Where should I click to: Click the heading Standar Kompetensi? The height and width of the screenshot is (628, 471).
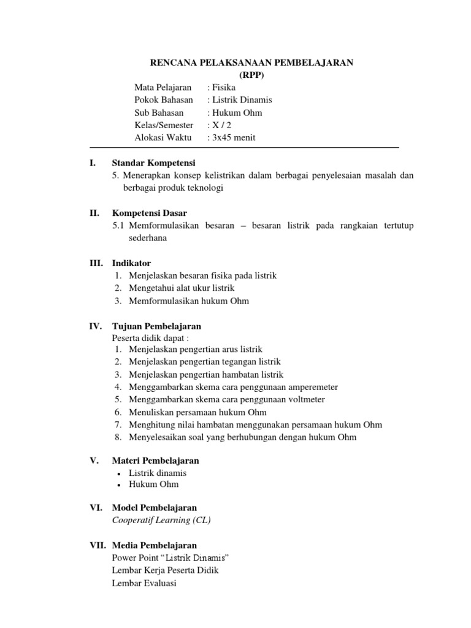pos(153,163)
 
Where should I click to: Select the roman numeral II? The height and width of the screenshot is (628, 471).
pos(94,213)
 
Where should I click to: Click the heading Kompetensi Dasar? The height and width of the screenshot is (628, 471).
pos(149,213)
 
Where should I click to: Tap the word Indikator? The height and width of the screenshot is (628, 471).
pos(131,263)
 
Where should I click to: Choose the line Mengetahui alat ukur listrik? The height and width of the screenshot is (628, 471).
pos(182,288)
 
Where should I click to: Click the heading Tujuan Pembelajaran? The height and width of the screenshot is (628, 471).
pos(156,326)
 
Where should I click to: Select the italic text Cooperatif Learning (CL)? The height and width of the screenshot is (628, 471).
pos(161,521)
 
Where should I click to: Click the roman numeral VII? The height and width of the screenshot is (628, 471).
pos(97,545)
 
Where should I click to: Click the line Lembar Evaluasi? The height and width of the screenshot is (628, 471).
pos(144,583)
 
